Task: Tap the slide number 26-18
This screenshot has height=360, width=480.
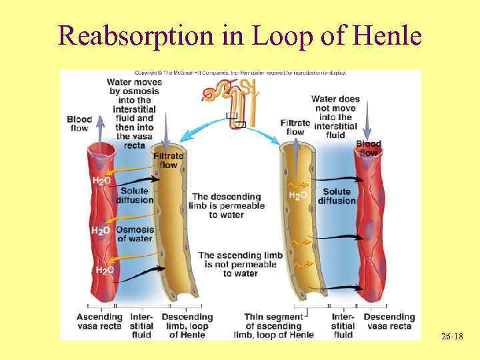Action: tap(452, 338)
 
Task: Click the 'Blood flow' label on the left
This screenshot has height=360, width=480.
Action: tap(79, 123)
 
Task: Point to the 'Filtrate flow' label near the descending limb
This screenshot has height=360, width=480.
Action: tap(168, 160)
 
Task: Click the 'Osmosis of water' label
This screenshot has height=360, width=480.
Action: tap(135, 234)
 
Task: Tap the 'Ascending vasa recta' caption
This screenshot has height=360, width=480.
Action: tap(99, 321)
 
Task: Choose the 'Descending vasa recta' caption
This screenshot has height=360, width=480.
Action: tap(389, 321)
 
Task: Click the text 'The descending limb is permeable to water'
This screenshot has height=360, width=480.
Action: tap(227, 205)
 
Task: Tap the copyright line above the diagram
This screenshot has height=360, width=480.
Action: tap(240, 73)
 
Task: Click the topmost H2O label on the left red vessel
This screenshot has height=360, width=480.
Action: tap(101, 181)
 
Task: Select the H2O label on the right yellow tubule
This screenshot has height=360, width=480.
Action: tap(297, 195)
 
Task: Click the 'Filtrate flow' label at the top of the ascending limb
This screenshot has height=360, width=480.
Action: tap(295, 127)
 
